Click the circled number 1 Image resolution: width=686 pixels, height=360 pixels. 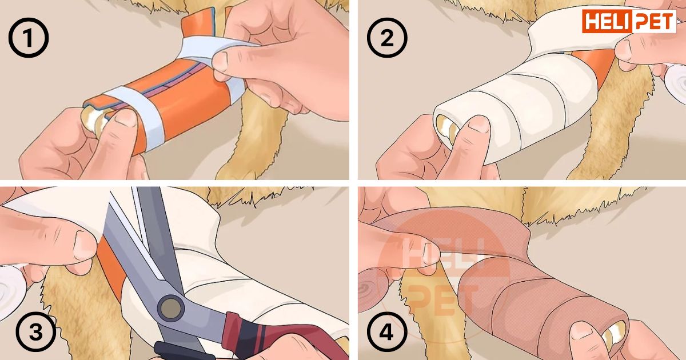click(29, 37)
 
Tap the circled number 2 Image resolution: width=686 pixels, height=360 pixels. click(387, 37)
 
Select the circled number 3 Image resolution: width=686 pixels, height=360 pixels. click(36, 332)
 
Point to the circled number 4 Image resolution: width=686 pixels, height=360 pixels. click(387, 332)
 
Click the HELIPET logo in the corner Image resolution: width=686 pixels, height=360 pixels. click(629, 21)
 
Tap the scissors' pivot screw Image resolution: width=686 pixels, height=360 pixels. click(171, 307)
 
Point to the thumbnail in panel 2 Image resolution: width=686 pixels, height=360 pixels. click(479, 125)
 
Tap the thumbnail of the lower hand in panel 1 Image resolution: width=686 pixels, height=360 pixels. click(126, 118)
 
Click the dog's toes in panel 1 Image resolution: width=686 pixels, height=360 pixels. click(95, 120)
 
